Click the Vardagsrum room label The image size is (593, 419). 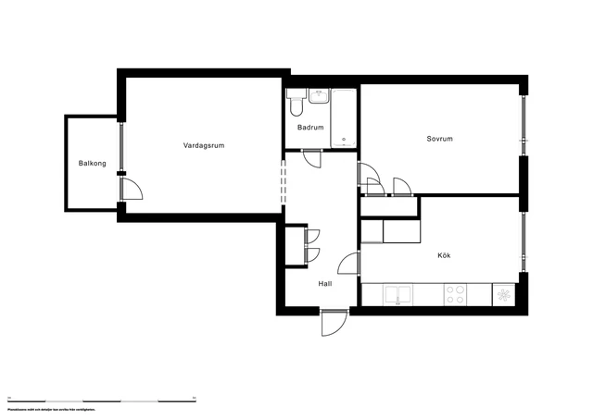tap(204, 146)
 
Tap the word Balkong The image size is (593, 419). tap(93, 164)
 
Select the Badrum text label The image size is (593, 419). tap(310, 128)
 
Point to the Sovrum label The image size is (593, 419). tap(439, 140)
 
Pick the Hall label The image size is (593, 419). tap(325, 284)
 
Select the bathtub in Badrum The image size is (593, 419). tap(344, 118)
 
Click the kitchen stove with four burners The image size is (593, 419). tap(455, 294)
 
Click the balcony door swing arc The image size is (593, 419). tap(133, 189)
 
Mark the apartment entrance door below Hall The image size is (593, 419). tap(333, 323)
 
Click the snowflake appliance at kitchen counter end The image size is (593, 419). tap(504, 294)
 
